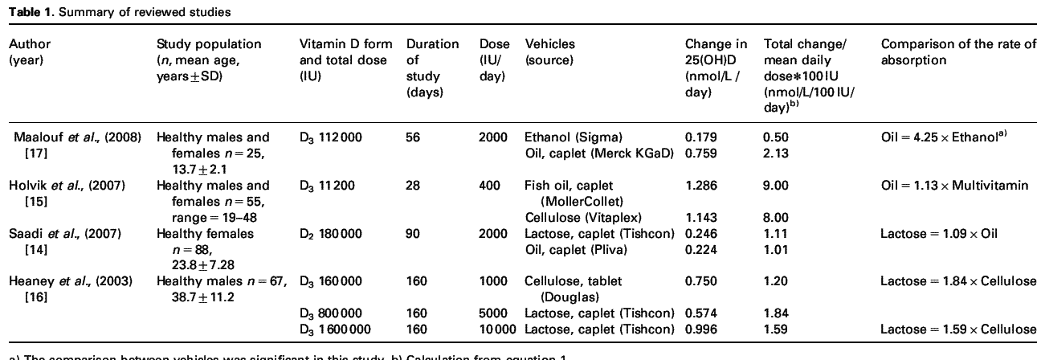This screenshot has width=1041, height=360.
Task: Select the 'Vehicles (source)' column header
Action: (550, 51)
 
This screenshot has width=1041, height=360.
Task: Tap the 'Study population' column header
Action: (209, 44)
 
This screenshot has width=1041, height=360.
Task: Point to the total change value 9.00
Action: (775, 186)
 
